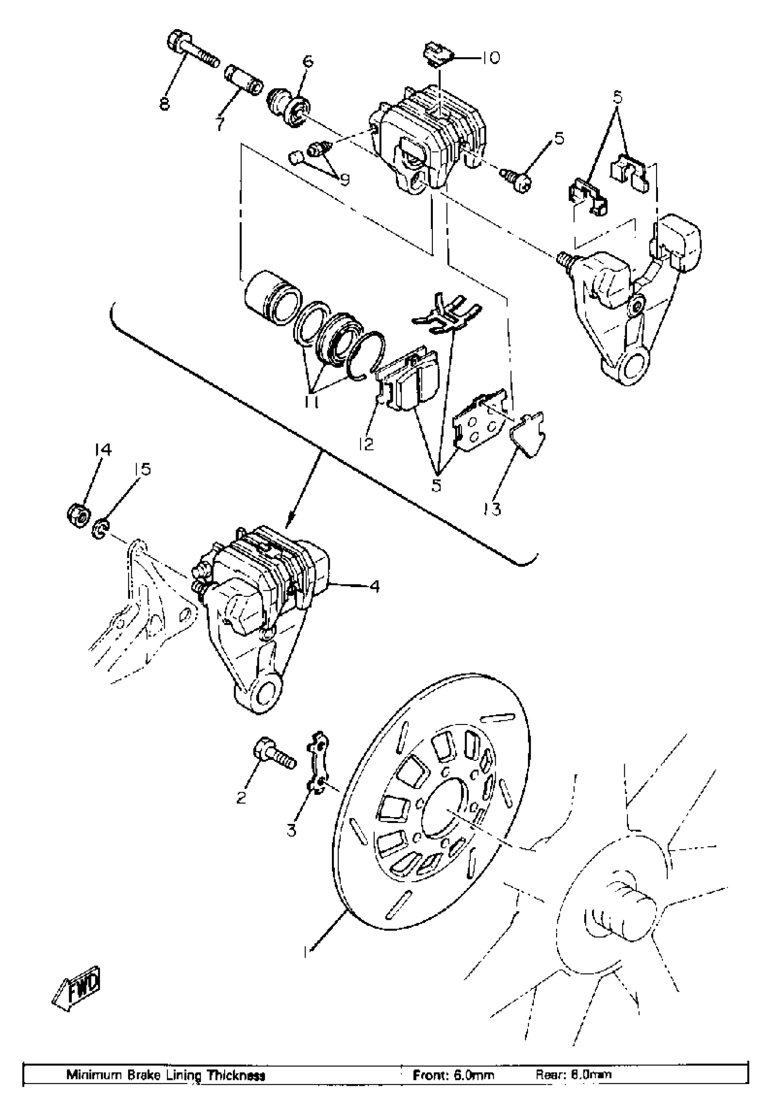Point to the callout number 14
(103, 450)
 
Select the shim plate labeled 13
(529, 434)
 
